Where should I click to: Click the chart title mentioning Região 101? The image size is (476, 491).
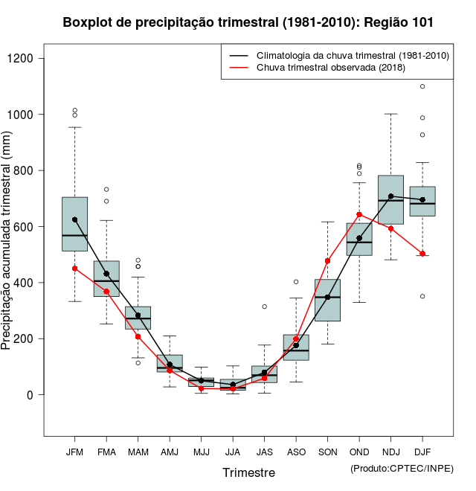tap(248, 22)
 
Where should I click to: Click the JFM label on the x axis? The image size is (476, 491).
tap(74, 452)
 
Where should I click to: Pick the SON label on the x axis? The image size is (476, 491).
tap(327, 452)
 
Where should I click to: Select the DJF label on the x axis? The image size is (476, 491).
tap(422, 452)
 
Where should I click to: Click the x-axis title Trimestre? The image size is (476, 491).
tap(248, 472)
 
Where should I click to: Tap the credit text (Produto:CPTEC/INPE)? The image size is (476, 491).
tap(402, 468)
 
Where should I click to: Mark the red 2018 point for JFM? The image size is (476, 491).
tap(74, 269)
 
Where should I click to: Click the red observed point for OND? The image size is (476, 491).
tap(359, 214)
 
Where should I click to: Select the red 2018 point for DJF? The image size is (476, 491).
tap(422, 254)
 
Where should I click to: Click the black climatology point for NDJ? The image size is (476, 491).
tap(390, 196)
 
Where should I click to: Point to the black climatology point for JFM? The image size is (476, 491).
tap(74, 219)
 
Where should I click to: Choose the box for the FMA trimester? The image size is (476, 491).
tap(106, 279)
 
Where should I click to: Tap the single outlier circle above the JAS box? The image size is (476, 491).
tap(264, 307)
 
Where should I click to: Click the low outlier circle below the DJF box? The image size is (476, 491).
tap(422, 296)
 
